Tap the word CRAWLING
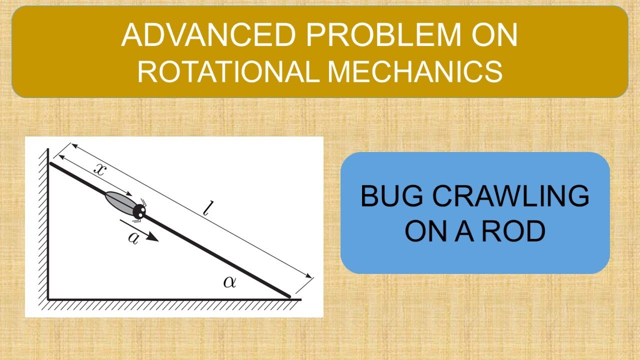pyautogui.click(x=510, y=196)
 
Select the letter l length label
pyautogui.click(x=206, y=209)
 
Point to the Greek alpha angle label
pyautogui.click(x=229, y=282)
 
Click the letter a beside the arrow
pyautogui.click(x=133, y=237)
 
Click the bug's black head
pyautogui.click(x=138, y=211)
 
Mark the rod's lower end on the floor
pyautogui.click(x=288, y=296)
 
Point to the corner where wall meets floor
pyautogui.click(x=48, y=298)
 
